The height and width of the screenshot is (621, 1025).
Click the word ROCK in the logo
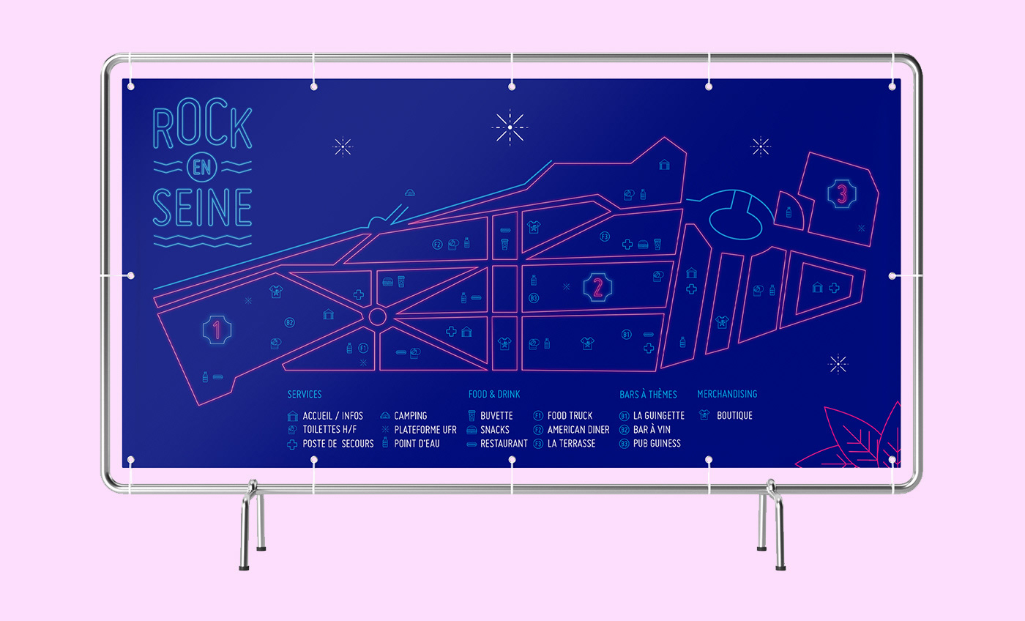(202, 130)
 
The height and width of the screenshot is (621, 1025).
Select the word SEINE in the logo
(202, 207)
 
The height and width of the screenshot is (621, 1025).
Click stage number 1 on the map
(217, 330)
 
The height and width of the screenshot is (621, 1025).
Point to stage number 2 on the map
(597, 287)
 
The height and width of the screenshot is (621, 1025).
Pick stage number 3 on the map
(842, 195)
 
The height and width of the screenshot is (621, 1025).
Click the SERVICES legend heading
(304, 395)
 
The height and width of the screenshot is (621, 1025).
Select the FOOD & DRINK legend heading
(494, 395)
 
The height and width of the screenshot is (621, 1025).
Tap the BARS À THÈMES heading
(648, 395)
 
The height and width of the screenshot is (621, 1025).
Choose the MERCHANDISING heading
(727, 395)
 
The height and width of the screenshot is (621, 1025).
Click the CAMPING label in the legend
(410, 416)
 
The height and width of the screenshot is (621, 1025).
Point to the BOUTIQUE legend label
(734, 416)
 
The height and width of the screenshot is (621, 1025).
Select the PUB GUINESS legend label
(657, 444)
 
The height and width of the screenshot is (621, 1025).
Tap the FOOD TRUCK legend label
(570, 416)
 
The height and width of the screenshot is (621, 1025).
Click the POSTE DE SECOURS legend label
(338, 444)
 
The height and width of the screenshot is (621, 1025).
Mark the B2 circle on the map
(289, 322)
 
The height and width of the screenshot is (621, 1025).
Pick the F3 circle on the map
(605, 237)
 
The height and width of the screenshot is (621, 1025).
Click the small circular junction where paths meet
(377, 316)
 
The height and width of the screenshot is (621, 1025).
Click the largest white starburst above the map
(510, 127)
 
